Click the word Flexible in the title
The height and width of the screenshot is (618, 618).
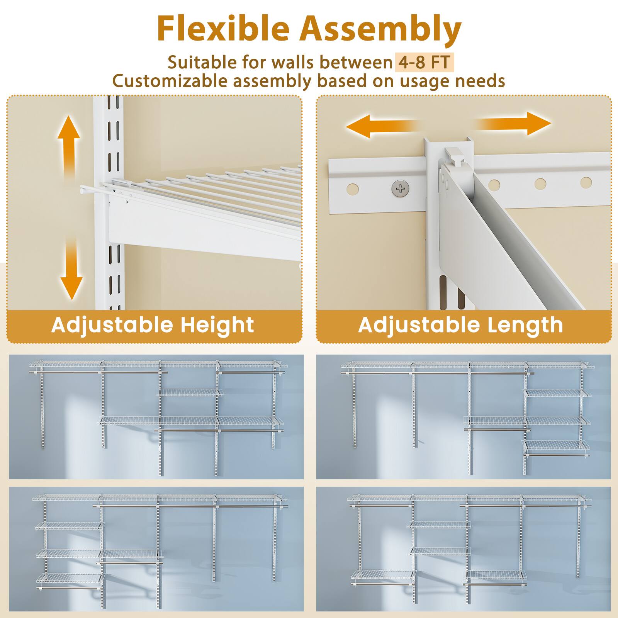click(x=223, y=29)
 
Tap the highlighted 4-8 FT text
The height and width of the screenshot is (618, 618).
click(x=424, y=62)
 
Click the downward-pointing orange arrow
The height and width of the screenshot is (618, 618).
click(x=71, y=270)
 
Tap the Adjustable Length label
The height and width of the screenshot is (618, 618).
click(x=460, y=325)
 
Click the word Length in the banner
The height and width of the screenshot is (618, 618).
click(x=525, y=325)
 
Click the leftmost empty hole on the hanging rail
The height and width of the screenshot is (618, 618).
click(x=352, y=190)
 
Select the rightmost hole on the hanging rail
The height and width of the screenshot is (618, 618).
click(x=586, y=182)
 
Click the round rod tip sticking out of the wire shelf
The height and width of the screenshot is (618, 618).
click(x=83, y=190)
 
